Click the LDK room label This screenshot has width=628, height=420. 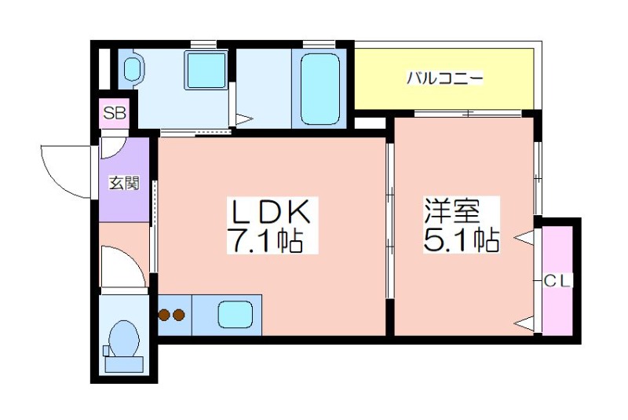(269, 212)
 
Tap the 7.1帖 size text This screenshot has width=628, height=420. (265, 240)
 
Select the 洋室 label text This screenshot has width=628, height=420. (453, 210)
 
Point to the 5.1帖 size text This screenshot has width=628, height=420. (461, 239)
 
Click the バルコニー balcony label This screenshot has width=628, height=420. (445, 78)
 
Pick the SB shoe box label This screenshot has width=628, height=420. (115, 113)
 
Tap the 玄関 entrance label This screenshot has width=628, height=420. (124, 184)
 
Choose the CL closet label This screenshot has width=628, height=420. (557, 282)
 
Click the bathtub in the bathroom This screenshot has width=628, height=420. (320, 89)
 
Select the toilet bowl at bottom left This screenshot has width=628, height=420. (124, 339)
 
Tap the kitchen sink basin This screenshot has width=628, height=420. (235, 315)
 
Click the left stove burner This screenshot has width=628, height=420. (164, 315)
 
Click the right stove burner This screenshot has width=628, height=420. (178, 315)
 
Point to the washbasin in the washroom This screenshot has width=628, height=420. (133, 69)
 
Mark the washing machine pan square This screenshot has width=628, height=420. (206, 70)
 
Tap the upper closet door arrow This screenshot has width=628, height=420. (524, 239)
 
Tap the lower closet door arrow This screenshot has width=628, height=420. (524, 323)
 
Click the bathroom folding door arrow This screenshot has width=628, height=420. (244, 119)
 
